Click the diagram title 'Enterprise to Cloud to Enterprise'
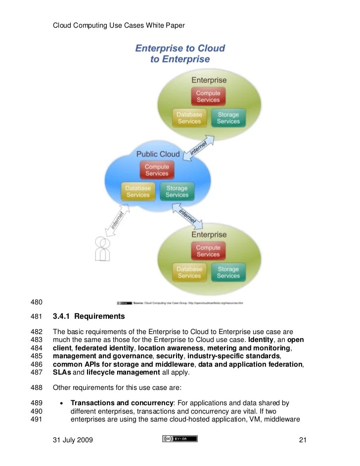(x=180, y=54)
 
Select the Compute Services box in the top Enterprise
(x=208, y=96)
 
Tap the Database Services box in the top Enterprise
(x=189, y=118)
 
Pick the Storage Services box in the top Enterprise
(x=228, y=118)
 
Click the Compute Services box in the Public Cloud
(x=157, y=170)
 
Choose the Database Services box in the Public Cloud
(x=138, y=192)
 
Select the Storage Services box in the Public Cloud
(x=177, y=192)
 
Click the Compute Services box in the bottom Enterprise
(x=208, y=251)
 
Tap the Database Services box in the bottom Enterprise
(x=189, y=273)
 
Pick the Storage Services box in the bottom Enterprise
(x=228, y=273)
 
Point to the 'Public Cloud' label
(x=158, y=154)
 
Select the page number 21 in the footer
(x=304, y=440)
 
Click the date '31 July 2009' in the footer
(x=73, y=440)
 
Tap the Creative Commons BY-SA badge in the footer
(x=180, y=439)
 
